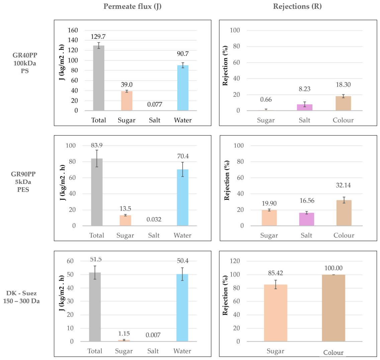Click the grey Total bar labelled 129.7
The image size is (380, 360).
tap(99, 78)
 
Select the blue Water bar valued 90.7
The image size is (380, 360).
tap(183, 88)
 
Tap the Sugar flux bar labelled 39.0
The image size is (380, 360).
tap(127, 101)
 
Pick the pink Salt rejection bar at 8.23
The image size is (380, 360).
tap(305, 107)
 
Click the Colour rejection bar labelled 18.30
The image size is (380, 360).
tap(343, 103)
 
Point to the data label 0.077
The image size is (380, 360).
tap(155, 104)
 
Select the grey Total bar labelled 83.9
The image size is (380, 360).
tap(97, 192)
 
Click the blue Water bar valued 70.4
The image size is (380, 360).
tap(183, 198)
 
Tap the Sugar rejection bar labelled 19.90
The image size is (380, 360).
tap(269, 218)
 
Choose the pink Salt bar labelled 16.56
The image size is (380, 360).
tap(306, 219)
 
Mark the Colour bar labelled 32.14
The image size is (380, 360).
tap(344, 213)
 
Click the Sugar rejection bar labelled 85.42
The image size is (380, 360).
tap(276, 313)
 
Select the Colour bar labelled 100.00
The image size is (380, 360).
tap(334, 308)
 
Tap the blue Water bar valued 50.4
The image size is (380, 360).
tap(182, 308)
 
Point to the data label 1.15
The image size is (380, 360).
tap(124, 334)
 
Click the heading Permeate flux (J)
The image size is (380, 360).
tap(132, 6)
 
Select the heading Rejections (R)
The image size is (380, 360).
tap(297, 6)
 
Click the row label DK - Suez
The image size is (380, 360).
tap(21, 293)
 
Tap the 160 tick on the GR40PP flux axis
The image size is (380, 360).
tap(73, 30)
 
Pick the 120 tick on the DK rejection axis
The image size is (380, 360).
tap(234, 261)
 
